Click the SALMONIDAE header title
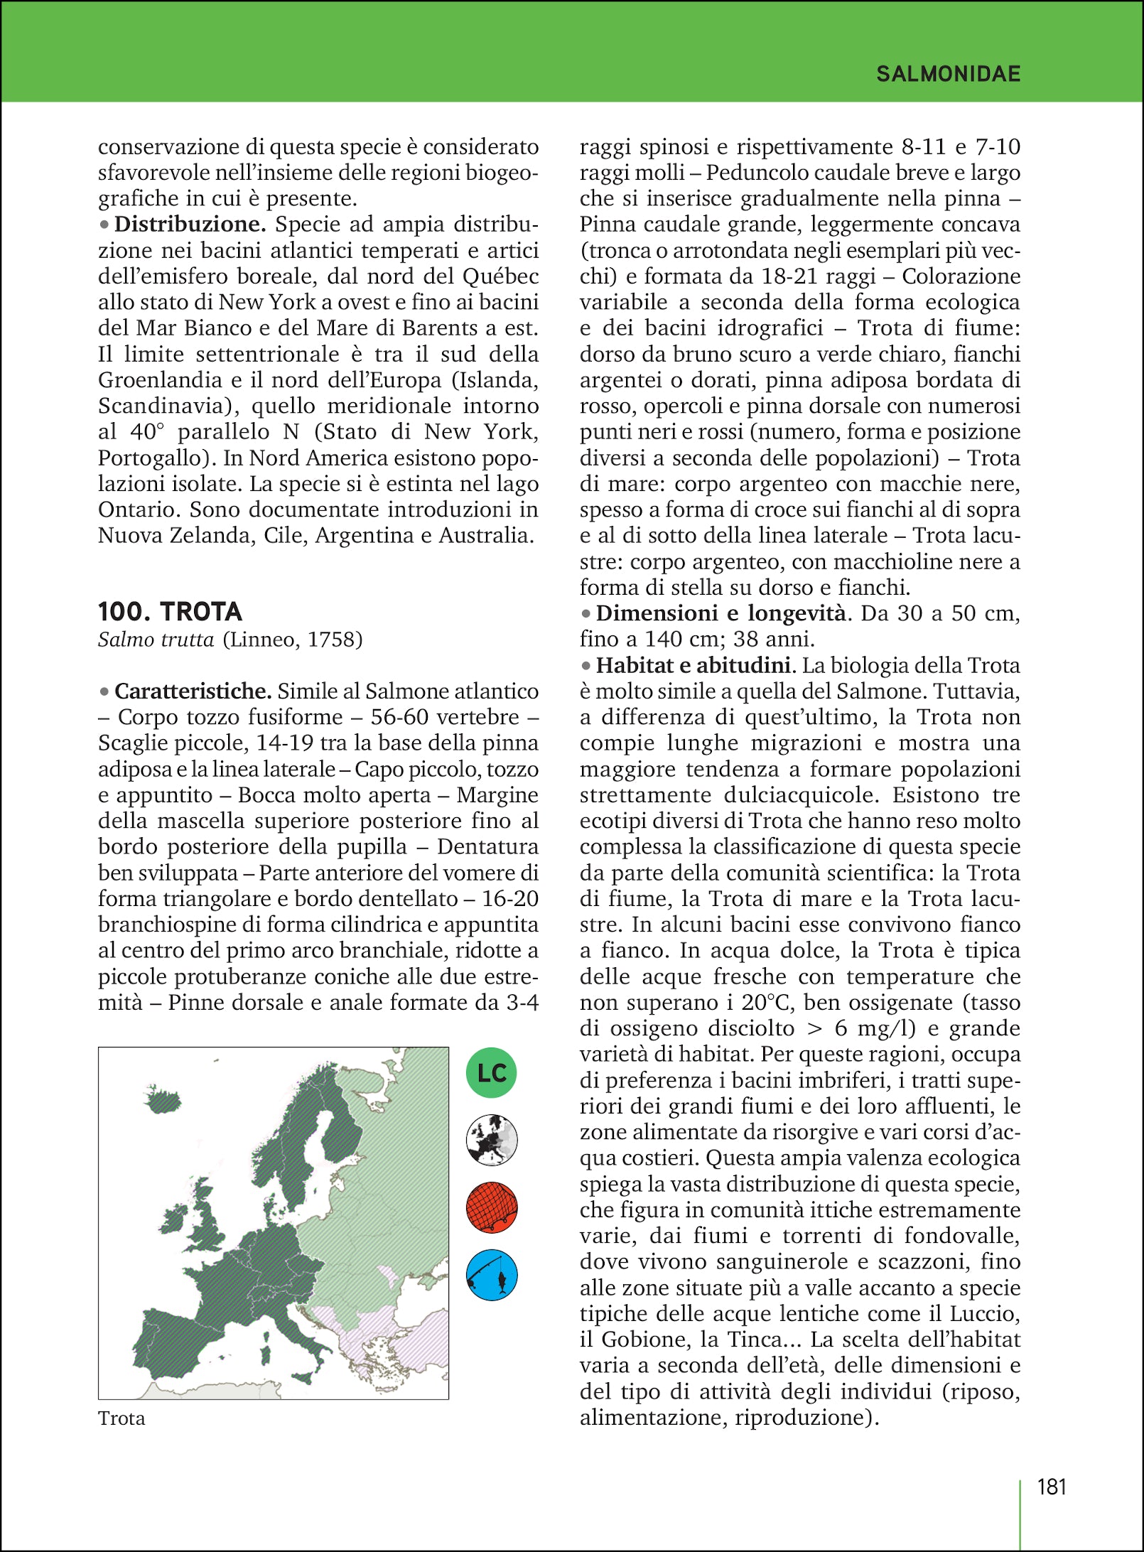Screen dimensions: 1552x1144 [x=948, y=74]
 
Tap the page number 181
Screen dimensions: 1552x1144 [x=1052, y=1487]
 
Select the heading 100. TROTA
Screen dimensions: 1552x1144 [x=170, y=612]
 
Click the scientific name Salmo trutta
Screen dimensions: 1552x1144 [x=156, y=640]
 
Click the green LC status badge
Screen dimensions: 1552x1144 [x=491, y=1072]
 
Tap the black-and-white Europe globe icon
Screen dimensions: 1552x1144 [x=491, y=1141]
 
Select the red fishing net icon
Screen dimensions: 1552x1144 [x=491, y=1208]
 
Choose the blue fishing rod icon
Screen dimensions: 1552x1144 [x=491, y=1276]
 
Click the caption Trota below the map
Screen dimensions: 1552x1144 [x=122, y=1418]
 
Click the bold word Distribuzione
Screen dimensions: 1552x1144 [x=190, y=225]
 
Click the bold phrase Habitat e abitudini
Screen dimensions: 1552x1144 [x=693, y=666]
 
